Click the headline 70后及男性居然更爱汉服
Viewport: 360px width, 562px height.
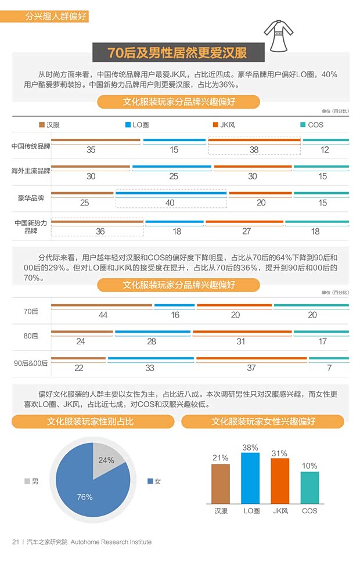tap(178, 53)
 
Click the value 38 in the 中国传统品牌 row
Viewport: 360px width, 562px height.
tap(254, 150)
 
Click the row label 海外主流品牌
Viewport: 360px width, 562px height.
tap(31, 171)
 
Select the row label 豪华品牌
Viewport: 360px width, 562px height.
tap(31, 198)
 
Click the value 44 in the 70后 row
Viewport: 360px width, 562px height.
tap(103, 315)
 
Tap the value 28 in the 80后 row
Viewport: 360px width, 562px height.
tap(152, 341)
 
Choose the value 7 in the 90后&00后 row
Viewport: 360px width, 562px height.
tap(329, 368)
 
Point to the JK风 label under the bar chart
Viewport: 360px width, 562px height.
tap(280, 511)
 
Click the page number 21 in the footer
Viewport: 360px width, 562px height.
tap(16, 542)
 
